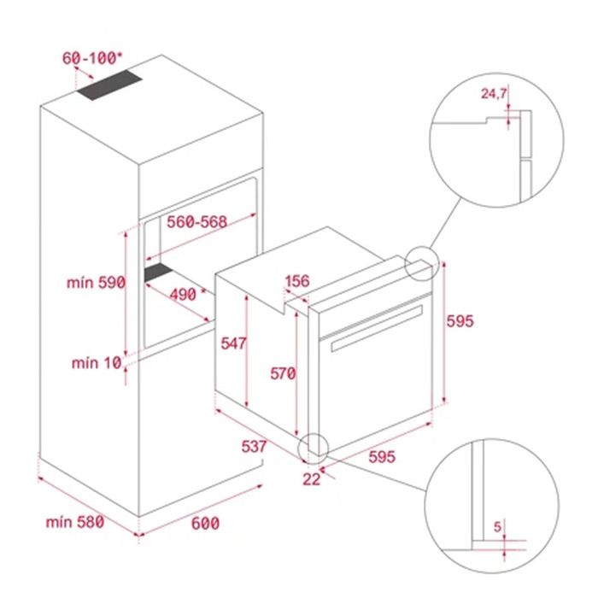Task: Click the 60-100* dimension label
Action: pyautogui.click(x=92, y=58)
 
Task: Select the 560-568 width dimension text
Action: pyautogui.click(x=196, y=221)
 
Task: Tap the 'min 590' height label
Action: pyautogui.click(x=96, y=283)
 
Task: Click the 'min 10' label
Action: pyautogui.click(x=97, y=363)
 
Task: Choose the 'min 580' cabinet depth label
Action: pyautogui.click(x=75, y=522)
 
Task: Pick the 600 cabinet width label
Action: pyautogui.click(x=205, y=523)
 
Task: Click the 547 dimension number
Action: pyautogui.click(x=233, y=343)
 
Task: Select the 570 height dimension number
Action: pyautogui.click(x=283, y=373)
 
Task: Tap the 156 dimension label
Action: pyautogui.click(x=297, y=281)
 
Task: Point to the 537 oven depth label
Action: pyautogui.click(x=254, y=446)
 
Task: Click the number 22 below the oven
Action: pyautogui.click(x=312, y=479)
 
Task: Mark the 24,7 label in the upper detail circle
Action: pyautogui.click(x=494, y=93)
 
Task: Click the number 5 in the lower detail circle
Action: pyautogui.click(x=498, y=527)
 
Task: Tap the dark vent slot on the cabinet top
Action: pyautogui.click(x=109, y=85)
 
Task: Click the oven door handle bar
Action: pyautogui.click(x=377, y=328)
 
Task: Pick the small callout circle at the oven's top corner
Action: pyautogui.click(x=405, y=263)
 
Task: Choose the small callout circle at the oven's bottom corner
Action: pyautogui.click(x=300, y=448)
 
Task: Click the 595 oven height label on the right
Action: pyautogui.click(x=460, y=321)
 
